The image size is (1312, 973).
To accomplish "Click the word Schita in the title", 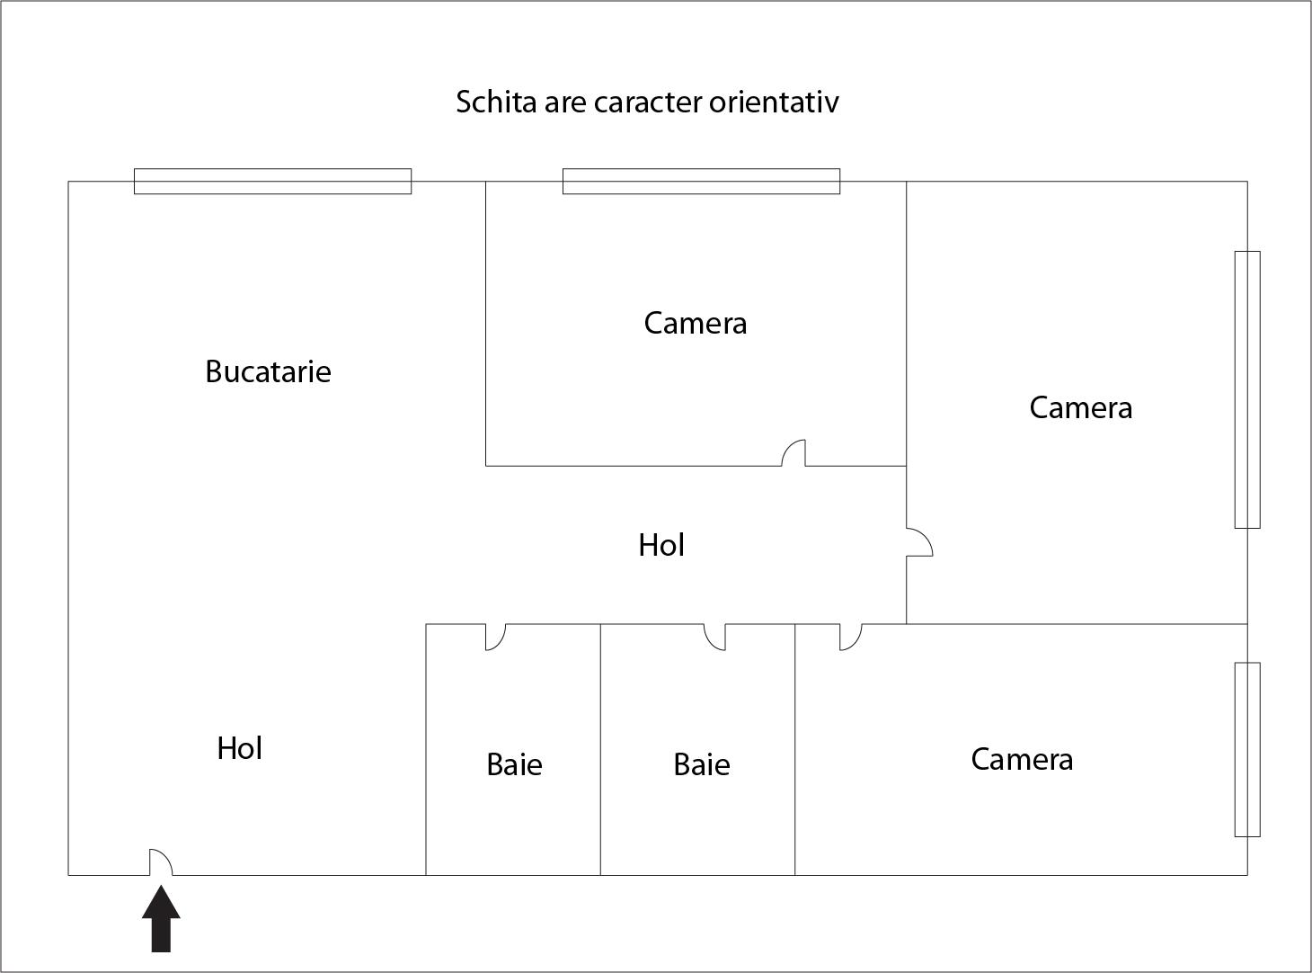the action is (496, 102).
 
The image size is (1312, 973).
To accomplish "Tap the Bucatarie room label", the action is (268, 372).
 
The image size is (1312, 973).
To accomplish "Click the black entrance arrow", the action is (161, 918).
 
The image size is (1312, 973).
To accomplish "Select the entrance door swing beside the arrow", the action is (161, 862).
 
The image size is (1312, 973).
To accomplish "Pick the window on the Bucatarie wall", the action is (272, 182).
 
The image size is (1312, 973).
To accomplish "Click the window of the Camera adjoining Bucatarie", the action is (701, 182).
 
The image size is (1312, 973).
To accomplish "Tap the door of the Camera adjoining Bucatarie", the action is (793, 453).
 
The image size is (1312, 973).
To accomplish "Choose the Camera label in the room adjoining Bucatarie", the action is (695, 324).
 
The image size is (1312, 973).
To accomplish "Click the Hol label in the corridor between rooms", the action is (661, 545).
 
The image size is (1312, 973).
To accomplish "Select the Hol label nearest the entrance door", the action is (240, 748).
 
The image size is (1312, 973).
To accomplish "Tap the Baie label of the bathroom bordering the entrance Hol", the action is (514, 764).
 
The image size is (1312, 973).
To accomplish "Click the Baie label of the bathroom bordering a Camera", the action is (702, 764).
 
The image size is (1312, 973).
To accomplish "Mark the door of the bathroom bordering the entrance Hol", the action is (496, 638).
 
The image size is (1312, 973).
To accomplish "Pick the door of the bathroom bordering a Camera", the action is (714, 638).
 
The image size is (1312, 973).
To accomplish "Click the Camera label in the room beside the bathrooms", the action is (1022, 760).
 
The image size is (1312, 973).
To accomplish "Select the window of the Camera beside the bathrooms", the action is (1247, 750).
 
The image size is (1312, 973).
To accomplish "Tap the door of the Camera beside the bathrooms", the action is (851, 638).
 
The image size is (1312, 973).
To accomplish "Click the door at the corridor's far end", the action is (919, 542).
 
